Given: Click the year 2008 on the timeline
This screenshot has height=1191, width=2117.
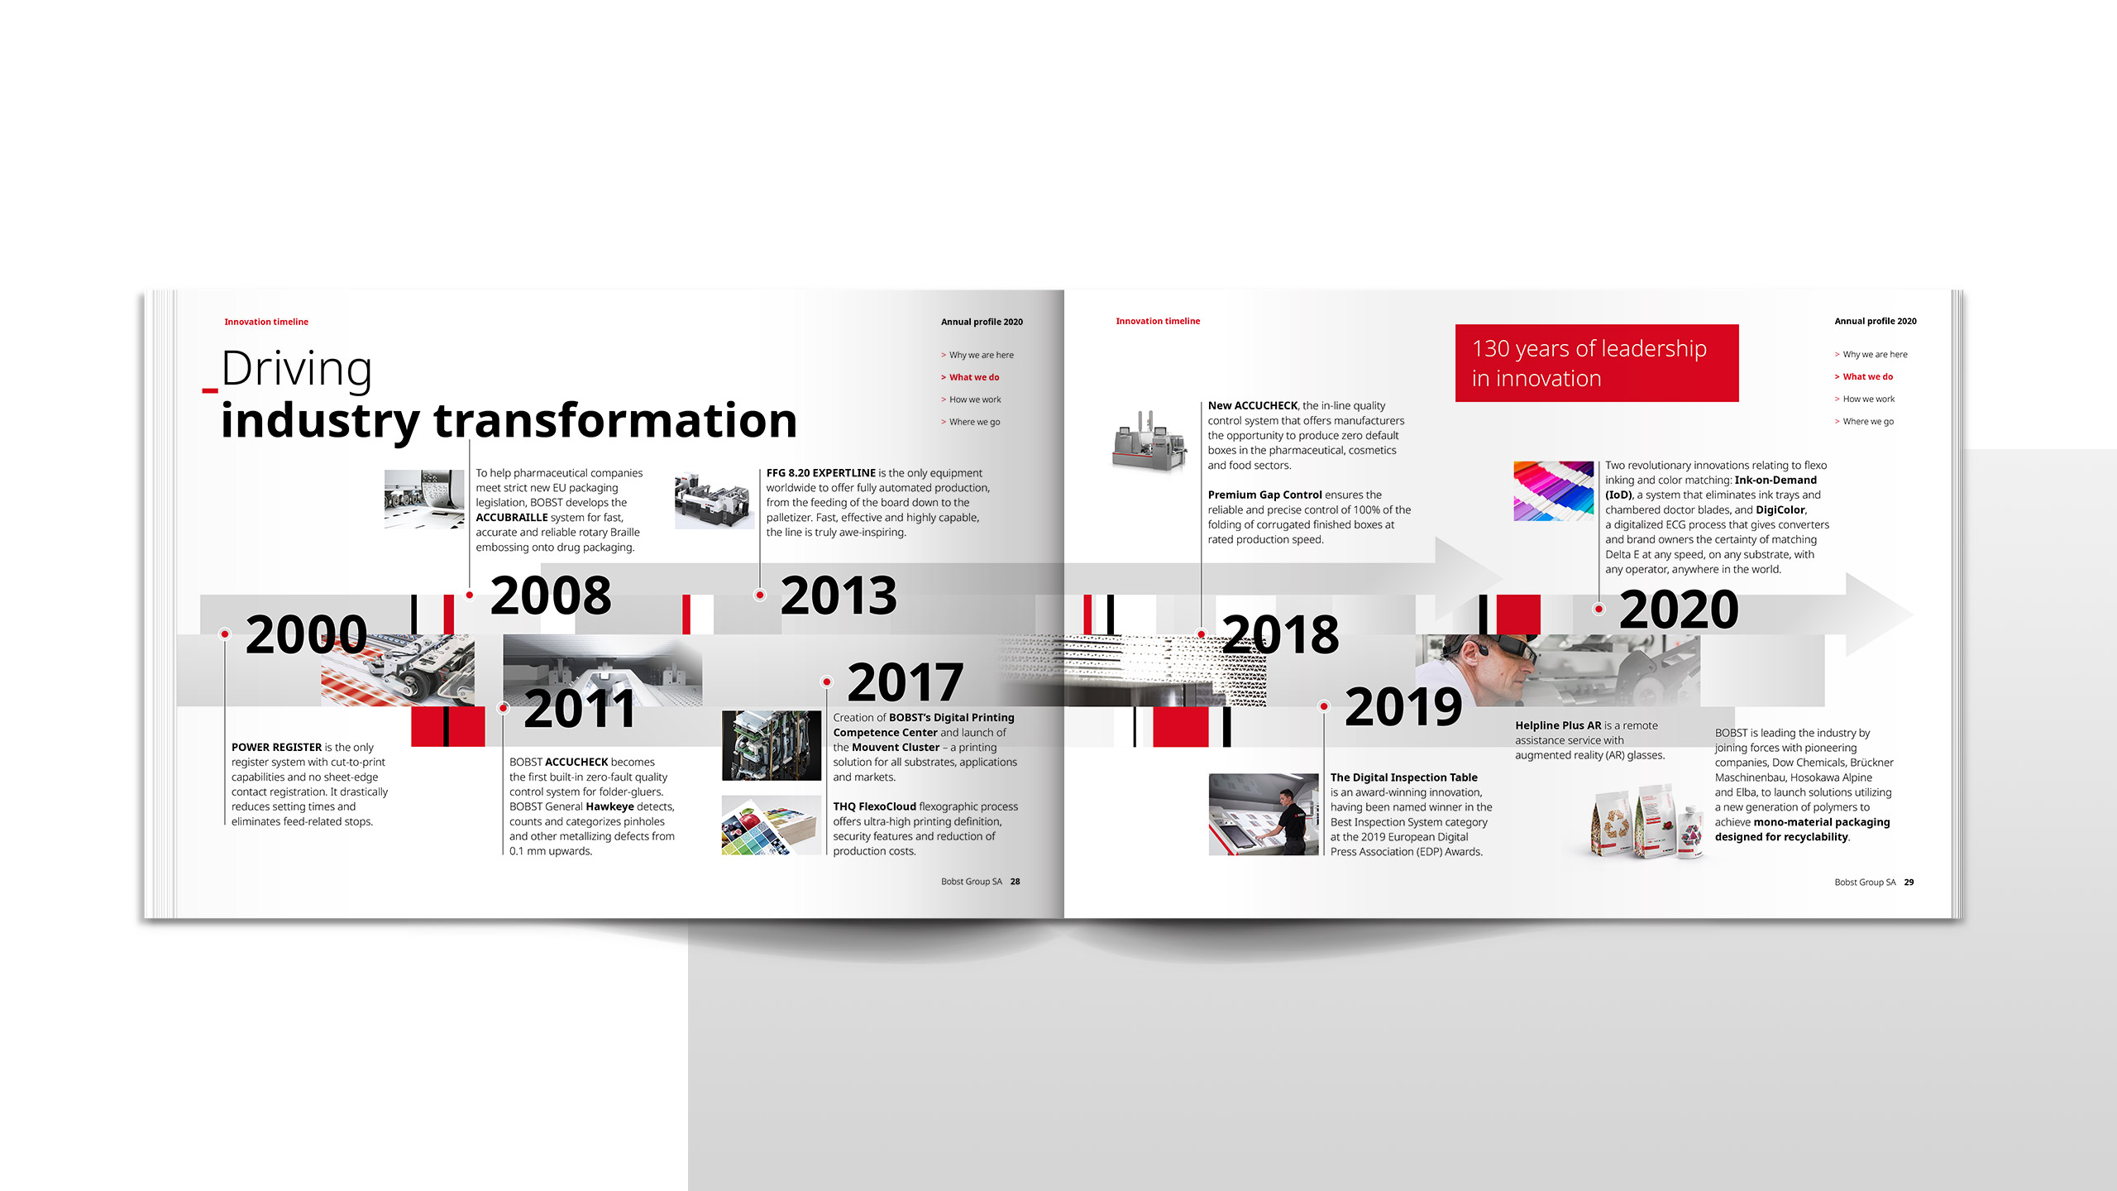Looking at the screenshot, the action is point(551,595).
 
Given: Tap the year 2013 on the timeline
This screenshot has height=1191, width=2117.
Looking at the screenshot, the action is point(839,595).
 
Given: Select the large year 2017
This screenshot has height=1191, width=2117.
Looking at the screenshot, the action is point(906,682).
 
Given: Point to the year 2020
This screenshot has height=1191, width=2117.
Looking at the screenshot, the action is point(1679,610).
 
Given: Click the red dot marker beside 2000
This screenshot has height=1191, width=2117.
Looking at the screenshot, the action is point(225,634).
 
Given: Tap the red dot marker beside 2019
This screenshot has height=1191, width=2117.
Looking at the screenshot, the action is point(1324,706).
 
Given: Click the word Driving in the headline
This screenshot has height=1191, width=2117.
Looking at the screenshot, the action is point(296,368).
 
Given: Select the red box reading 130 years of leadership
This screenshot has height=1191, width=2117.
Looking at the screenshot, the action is point(1597,363).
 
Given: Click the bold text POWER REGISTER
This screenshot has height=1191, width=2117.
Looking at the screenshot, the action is point(276,748).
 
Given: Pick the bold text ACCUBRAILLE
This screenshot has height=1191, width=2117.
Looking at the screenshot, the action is point(512,518).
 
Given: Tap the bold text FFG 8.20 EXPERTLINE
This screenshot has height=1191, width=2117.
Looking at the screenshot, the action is point(821,473).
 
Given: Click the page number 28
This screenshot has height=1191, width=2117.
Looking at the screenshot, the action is point(1015,882).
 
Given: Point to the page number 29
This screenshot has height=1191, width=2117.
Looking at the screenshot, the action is point(1909,882).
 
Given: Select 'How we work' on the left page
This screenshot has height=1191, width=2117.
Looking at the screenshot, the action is point(975,399).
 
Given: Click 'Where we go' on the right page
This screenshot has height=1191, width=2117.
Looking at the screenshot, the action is point(1868,422).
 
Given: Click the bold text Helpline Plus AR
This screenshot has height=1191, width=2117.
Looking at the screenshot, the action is point(1558,726).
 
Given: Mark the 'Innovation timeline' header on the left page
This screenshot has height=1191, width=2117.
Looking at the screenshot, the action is point(266,322).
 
